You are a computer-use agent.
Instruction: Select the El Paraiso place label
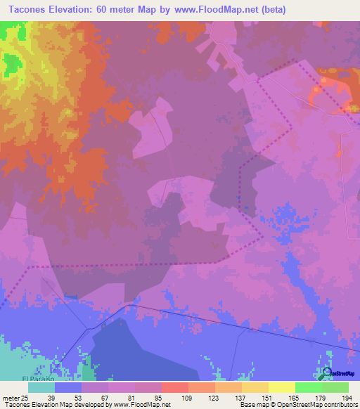coord(41,379)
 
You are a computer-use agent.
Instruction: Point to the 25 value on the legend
coord(25,397)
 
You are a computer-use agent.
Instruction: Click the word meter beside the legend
coord(10,397)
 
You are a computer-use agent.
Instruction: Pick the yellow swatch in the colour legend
coord(282,387)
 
